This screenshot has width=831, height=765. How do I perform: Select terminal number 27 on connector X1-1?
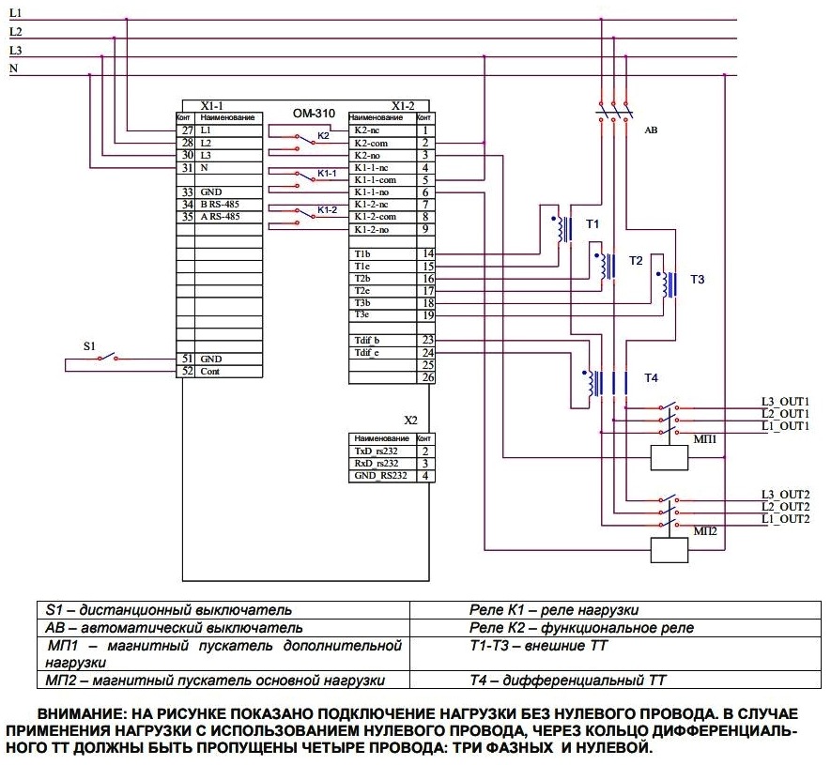point(187,129)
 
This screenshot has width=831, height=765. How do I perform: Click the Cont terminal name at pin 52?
point(208,372)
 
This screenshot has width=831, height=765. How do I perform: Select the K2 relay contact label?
point(323,136)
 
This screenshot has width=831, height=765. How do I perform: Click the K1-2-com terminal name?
point(375,216)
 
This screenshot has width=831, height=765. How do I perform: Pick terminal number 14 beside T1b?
point(427,253)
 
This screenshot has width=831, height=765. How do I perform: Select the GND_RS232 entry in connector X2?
point(380,476)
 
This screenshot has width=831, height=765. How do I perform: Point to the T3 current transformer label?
point(697,280)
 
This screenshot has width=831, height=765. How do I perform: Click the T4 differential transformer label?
point(652,377)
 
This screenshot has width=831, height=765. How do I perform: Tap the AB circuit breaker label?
point(651,131)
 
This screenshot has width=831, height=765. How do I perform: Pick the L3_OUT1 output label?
point(785,402)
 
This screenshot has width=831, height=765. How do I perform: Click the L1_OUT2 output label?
point(785,518)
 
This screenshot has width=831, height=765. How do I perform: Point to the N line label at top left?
point(13,69)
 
